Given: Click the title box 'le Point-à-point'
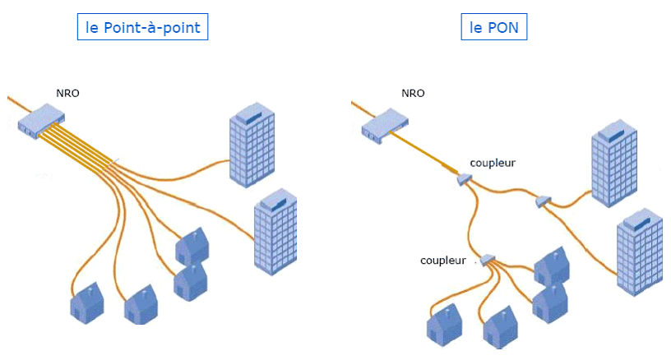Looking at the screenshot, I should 143,27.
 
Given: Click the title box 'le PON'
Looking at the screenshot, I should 494,27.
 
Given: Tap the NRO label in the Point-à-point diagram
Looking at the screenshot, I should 67,93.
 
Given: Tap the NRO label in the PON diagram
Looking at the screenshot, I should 413,93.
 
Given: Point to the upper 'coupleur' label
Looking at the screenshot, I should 493,163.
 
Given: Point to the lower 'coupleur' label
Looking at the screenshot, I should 444,260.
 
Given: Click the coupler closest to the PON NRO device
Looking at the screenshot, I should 464,178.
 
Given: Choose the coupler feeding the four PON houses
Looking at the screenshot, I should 488,260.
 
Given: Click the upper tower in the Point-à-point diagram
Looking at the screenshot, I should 251,146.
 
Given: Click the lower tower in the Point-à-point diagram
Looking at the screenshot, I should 275,233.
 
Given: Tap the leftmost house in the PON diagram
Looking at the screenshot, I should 444,324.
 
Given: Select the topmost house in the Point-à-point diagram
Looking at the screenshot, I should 192,245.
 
